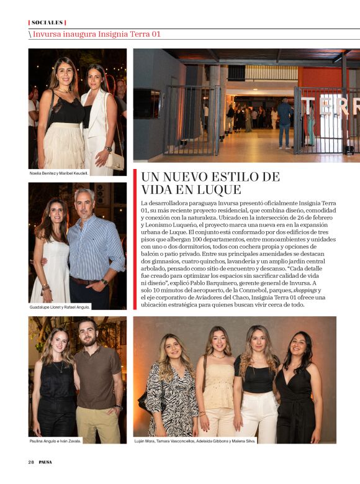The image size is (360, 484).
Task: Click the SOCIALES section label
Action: click(47, 22)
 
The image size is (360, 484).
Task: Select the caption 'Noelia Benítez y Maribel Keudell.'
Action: click(60, 173)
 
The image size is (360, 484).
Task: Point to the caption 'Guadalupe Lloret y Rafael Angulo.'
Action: click(60, 307)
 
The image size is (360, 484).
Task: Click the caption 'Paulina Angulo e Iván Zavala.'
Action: click(56, 441)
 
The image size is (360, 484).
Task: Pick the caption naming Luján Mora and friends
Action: click(195, 441)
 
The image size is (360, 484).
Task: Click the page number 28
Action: click(30, 462)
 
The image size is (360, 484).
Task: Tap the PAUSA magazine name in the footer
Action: click(45, 462)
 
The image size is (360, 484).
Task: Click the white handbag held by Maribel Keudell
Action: click(115, 160)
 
